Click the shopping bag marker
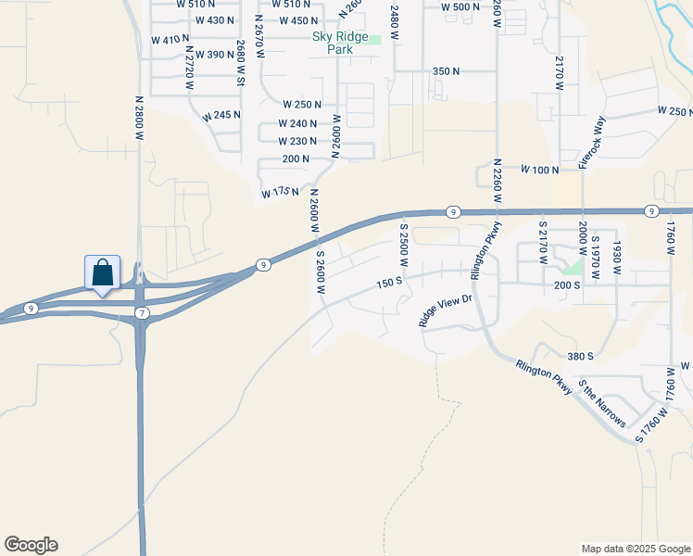coord(102,273)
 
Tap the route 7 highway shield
coord(141,314)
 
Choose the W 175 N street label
coord(280,192)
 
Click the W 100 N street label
coord(540,171)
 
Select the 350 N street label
coord(447,71)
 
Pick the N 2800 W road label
coord(140,118)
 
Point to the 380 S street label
coord(580,356)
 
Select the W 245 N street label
coord(220,116)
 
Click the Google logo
coord(31,545)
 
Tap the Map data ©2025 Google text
coord(635,549)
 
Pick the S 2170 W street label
coord(544,243)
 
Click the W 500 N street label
coord(460,7)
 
